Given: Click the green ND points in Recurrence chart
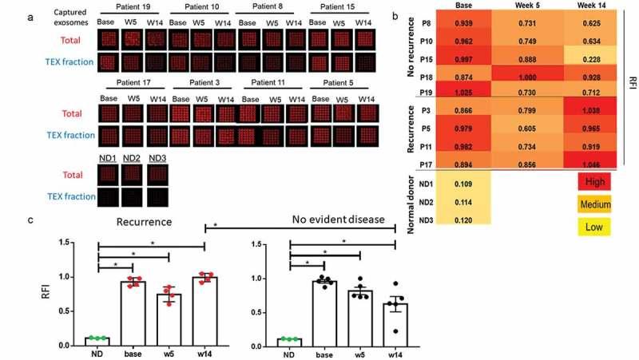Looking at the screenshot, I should (97, 338).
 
